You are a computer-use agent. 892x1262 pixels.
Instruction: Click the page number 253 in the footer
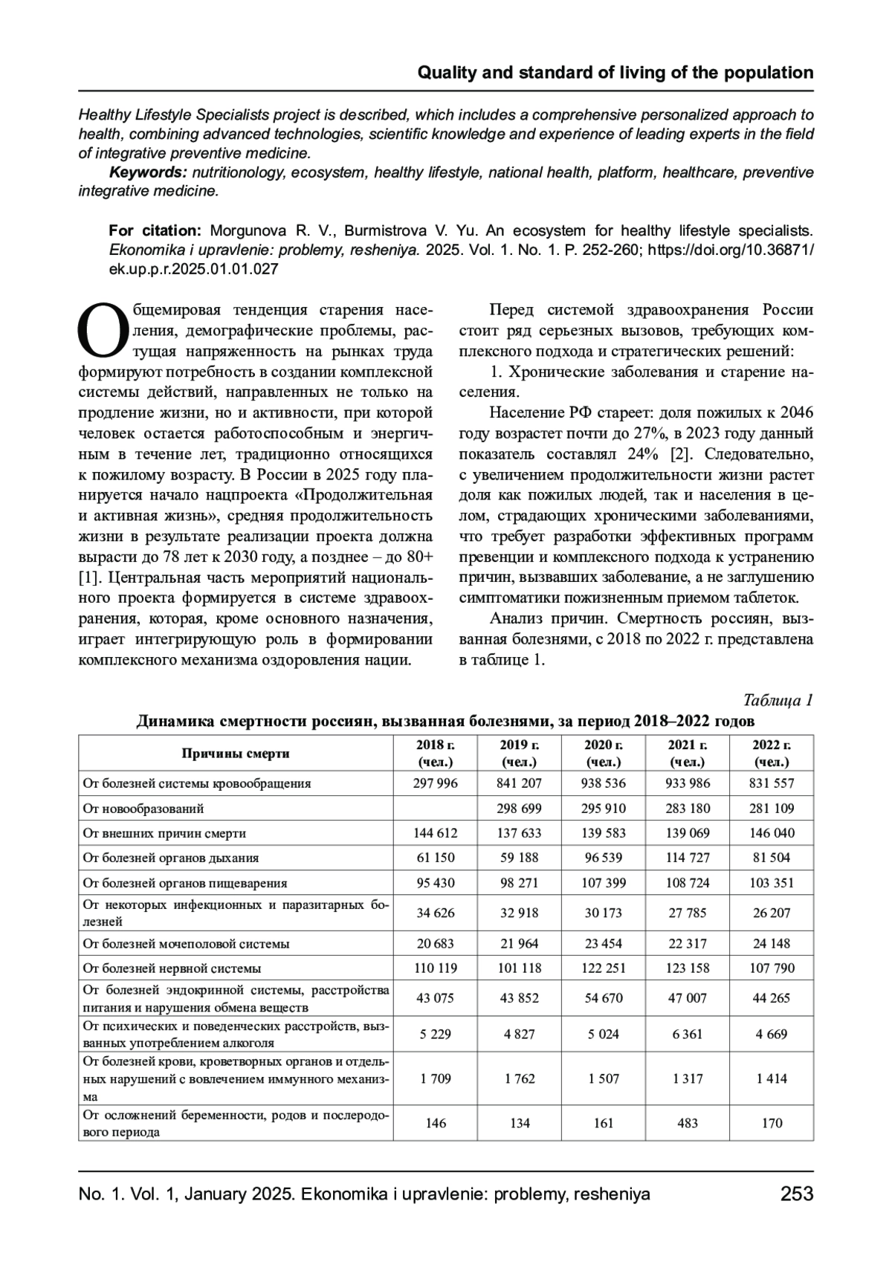797,1194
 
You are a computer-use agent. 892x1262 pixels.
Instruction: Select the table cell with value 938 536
604,783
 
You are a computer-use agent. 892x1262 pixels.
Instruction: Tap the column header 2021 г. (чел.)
688,753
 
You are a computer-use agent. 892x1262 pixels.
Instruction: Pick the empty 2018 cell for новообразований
435,808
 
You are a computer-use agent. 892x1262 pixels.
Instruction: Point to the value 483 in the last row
688,1123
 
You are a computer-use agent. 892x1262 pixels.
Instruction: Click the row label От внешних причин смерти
164,833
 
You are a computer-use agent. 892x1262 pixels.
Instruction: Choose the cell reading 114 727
688,858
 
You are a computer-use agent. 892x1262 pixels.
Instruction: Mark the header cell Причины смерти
236,753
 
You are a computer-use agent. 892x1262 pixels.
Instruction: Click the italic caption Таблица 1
778,700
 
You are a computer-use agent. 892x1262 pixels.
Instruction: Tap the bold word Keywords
148,172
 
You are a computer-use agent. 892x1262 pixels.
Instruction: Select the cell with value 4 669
772,1034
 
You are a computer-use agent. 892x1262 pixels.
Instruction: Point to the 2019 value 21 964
519,943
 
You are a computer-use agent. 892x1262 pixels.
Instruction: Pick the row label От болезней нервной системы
172,968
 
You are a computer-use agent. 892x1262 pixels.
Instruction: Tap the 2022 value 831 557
772,783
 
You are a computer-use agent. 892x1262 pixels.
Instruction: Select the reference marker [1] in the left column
90,577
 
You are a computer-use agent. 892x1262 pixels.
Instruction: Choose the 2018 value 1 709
435,1078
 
